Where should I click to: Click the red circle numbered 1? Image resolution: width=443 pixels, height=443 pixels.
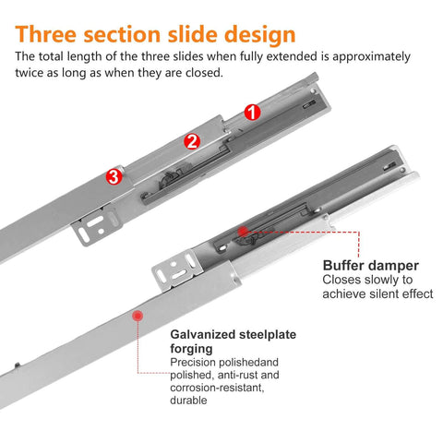coord(252,112)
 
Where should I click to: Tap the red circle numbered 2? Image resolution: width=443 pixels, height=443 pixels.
coord(192,141)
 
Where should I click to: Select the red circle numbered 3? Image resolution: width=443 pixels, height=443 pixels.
coord(114,175)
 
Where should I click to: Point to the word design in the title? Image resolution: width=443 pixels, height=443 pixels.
coord(252,34)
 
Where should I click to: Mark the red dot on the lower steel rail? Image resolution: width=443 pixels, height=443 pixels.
coord(138,316)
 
